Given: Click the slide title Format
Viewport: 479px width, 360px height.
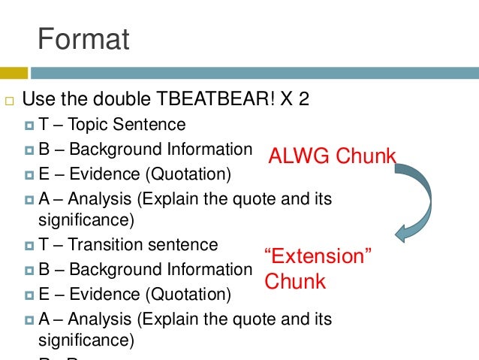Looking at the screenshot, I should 84,39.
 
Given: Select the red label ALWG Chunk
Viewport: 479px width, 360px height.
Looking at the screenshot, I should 332,156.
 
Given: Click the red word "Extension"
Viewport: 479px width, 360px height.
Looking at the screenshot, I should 318,256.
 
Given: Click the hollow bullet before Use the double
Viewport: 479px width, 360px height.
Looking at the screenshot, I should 8,100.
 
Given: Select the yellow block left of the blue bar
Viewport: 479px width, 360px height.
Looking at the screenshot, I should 14,73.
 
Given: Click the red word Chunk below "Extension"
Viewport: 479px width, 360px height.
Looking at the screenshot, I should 294,282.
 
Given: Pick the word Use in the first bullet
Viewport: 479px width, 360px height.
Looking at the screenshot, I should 37,99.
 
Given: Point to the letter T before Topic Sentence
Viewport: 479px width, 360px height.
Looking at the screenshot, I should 43,124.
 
